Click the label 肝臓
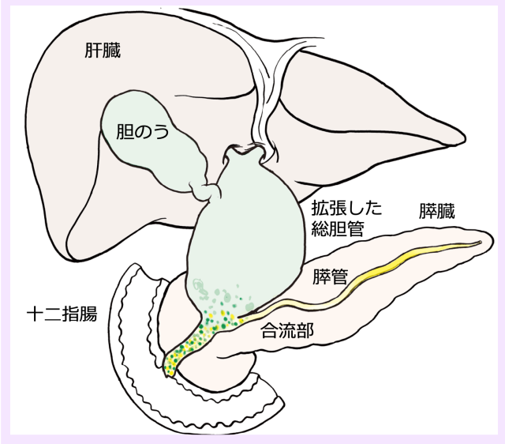103,51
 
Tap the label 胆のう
142,132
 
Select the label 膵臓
436,211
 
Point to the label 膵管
331,277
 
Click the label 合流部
287,330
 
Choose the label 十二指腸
62,314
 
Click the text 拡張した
346,209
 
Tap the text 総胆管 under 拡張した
338,228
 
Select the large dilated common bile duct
245,232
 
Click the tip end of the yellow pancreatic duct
480,243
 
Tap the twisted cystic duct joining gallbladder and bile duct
206,191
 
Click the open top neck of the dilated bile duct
245,150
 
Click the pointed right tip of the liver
464,141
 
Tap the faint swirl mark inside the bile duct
200,288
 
